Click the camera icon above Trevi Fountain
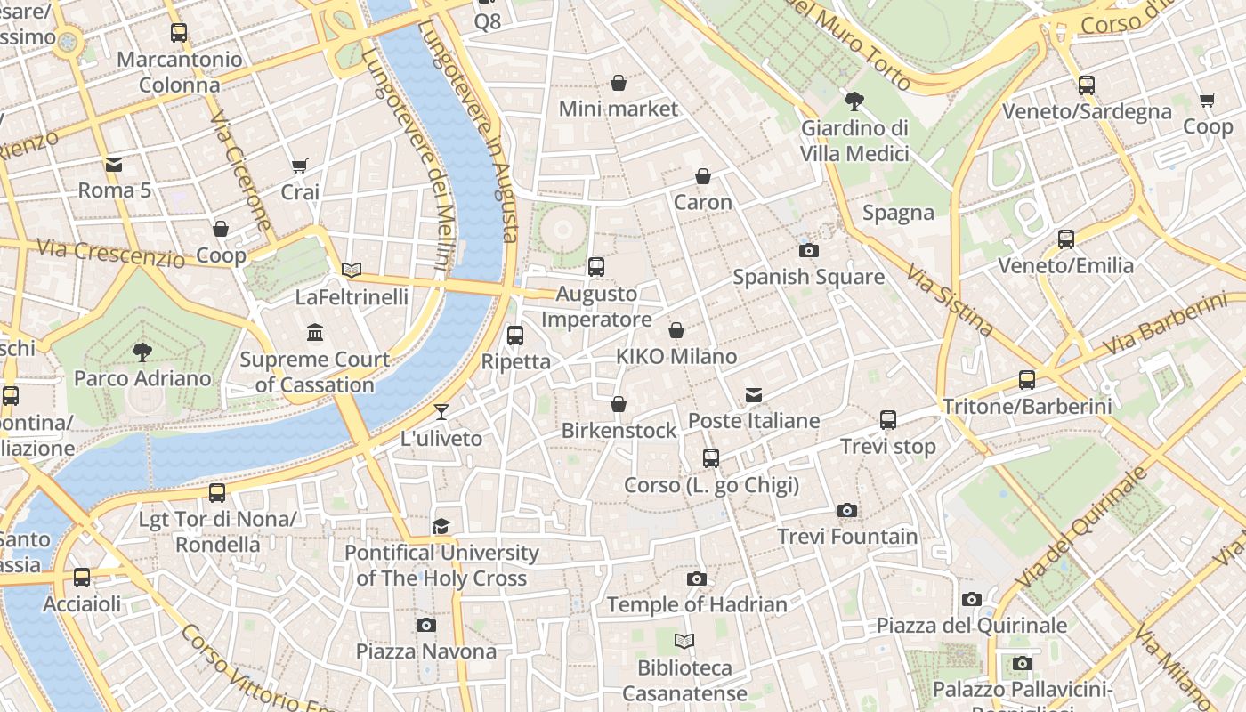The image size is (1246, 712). (x=846, y=511)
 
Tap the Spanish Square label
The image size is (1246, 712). (x=808, y=277)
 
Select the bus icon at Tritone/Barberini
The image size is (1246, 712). (x=1026, y=380)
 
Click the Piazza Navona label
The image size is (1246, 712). (x=426, y=651)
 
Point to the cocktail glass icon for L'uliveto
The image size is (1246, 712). (x=441, y=411)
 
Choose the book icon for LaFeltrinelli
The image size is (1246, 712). (x=352, y=270)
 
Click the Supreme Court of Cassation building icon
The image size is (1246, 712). (x=315, y=333)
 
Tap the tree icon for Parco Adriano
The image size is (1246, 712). (x=142, y=352)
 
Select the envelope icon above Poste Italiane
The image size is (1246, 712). (x=754, y=394)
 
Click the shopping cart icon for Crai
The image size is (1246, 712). (x=300, y=166)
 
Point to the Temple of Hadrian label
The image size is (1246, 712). (x=697, y=605)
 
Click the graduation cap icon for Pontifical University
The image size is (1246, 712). (x=441, y=526)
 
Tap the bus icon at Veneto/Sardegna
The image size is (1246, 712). (x=1086, y=85)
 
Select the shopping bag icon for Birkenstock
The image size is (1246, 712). (x=619, y=405)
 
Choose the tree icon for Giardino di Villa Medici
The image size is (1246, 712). (x=854, y=101)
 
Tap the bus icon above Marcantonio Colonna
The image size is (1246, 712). (x=179, y=33)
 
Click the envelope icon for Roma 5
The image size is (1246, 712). (x=114, y=164)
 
